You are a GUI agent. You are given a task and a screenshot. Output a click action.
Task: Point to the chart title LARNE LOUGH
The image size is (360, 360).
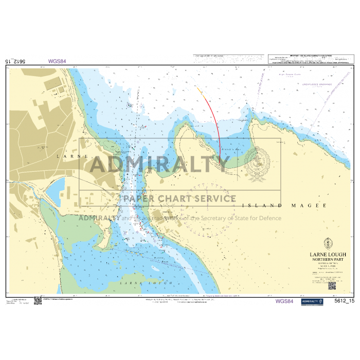328,255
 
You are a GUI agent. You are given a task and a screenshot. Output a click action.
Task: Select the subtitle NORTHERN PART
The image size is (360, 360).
328,260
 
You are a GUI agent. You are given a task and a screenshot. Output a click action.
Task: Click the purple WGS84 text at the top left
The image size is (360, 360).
57,61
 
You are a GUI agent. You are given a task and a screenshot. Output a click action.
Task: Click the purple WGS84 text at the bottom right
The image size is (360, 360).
284,301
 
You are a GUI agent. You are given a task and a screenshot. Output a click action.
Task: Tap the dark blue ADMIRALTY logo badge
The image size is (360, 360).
312,301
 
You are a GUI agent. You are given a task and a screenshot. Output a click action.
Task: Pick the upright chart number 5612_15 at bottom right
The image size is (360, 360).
345,301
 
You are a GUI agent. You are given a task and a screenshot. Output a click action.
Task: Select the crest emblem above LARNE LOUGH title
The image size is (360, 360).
328,243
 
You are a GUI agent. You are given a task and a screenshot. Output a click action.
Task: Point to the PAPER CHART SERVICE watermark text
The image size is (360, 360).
179,199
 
